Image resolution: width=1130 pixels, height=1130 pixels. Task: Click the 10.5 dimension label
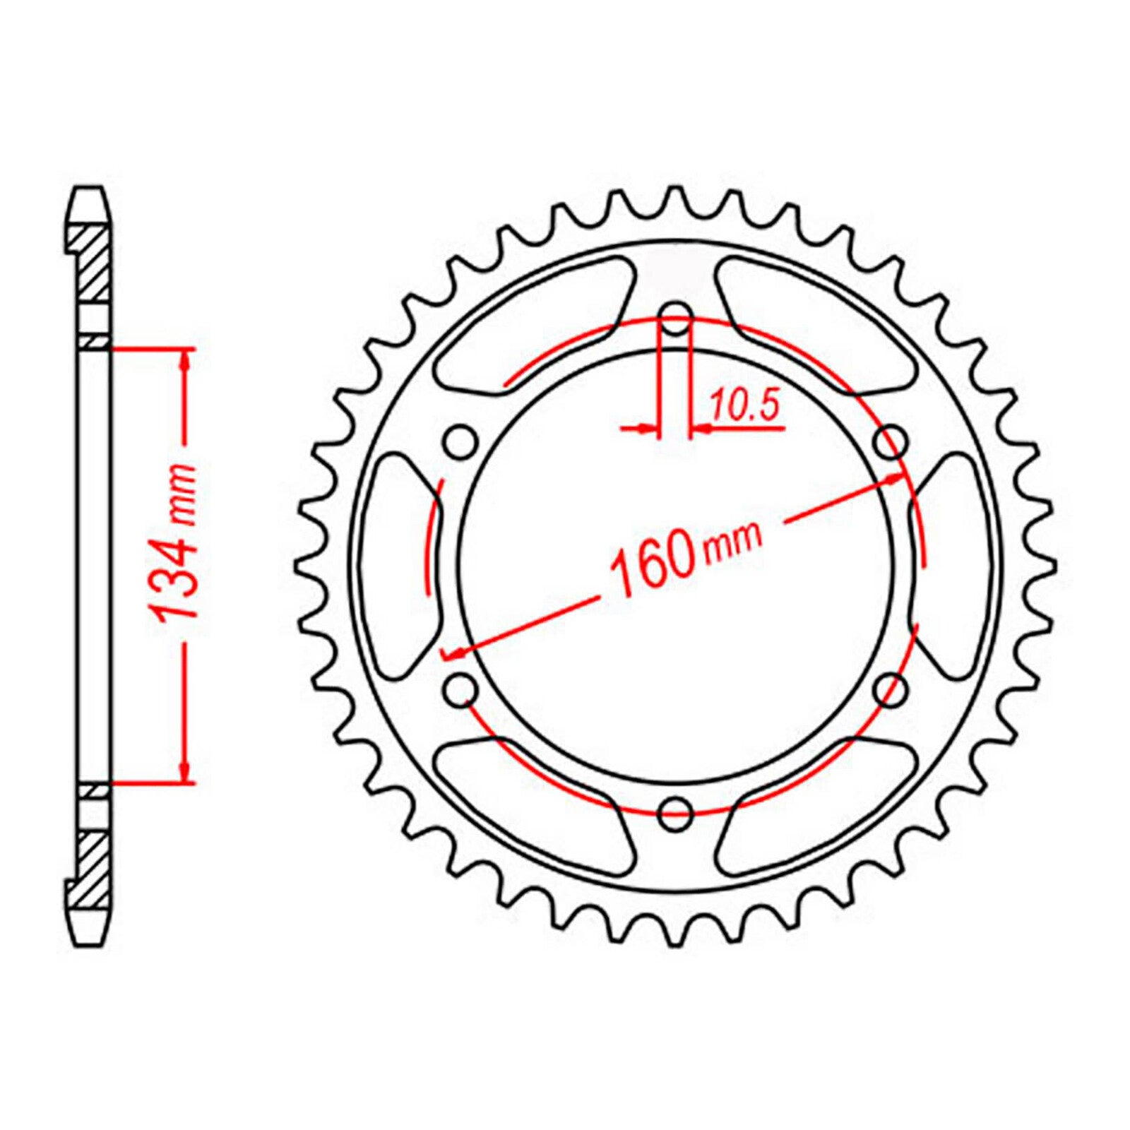point(742,408)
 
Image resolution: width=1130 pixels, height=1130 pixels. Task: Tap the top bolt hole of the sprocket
point(676,319)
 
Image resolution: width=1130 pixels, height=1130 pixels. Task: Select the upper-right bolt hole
point(891,444)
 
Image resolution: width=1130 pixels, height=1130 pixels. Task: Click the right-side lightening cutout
point(953,565)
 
